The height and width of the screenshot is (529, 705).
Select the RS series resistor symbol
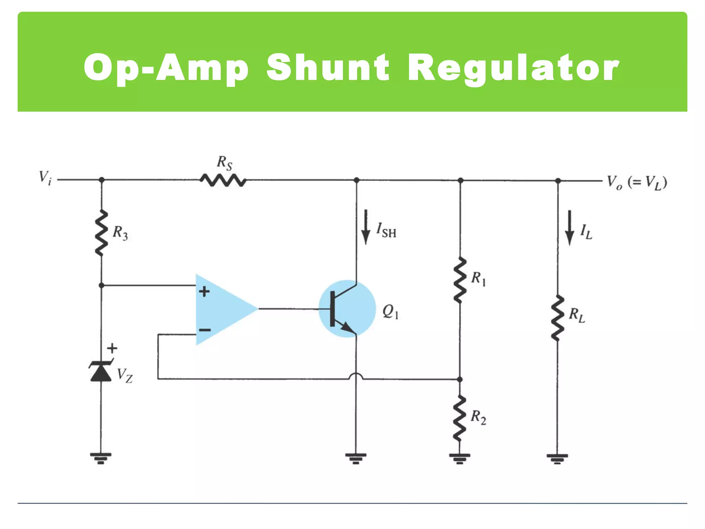pos(223,180)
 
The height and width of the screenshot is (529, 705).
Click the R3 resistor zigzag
pos(101,233)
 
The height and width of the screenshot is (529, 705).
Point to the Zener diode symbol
pos(101,371)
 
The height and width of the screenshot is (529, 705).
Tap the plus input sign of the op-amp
pos(204,292)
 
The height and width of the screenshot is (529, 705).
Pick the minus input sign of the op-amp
pos(204,330)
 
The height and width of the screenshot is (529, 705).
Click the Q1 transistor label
pos(390,312)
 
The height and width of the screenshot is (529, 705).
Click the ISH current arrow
pos(366,227)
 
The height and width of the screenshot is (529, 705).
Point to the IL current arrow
pos(570,228)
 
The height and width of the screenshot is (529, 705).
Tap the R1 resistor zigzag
pos(460,280)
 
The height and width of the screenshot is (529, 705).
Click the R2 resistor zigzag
pos(460,418)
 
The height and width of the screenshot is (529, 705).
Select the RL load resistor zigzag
pos(558,318)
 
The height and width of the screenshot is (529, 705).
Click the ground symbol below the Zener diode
pos(101,458)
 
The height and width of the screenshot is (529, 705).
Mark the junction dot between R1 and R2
pos(460,380)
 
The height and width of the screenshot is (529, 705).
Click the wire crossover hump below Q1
pos(356,376)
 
